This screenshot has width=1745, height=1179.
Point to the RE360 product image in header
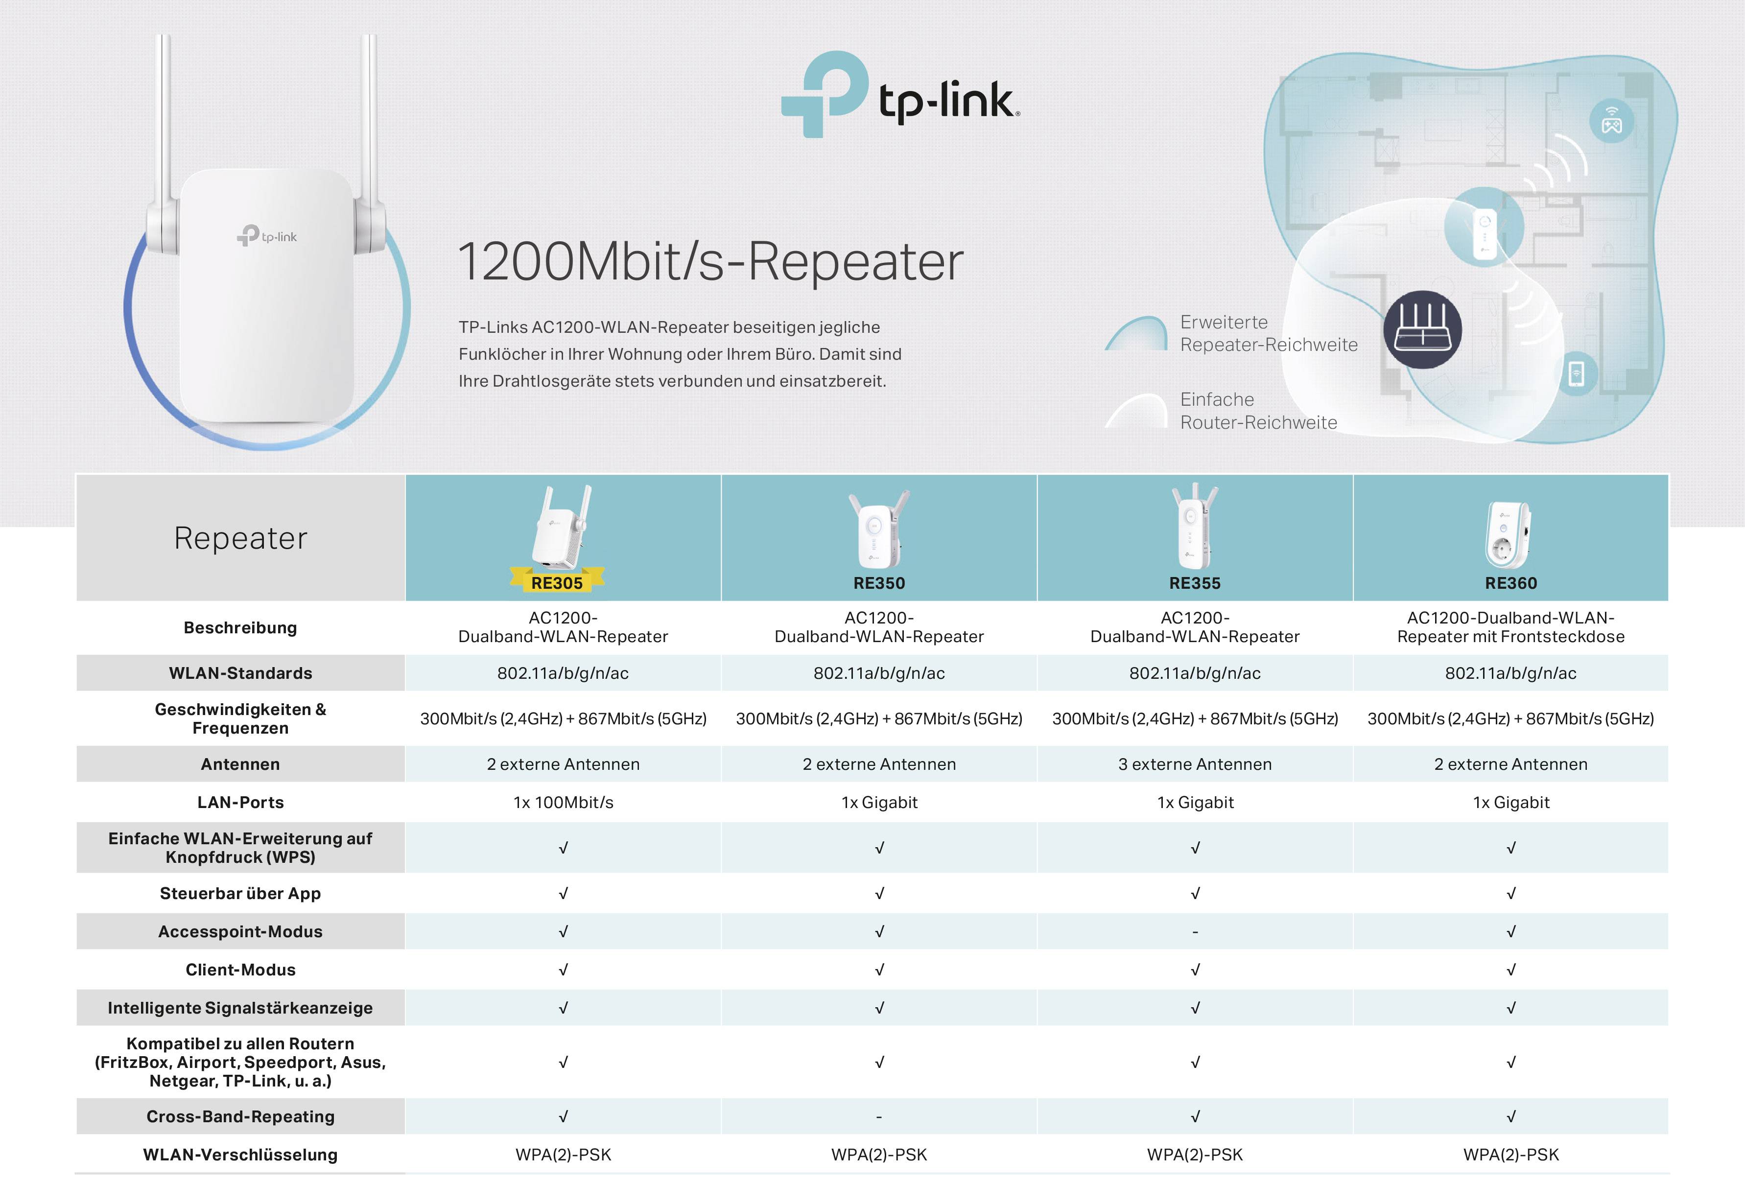tap(1509, 534)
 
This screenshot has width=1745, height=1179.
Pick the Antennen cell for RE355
tap(1195, 764)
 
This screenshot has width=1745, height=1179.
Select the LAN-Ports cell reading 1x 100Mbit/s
tap(563, 802)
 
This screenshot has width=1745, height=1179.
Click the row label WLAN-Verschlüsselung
tap(240, 1154)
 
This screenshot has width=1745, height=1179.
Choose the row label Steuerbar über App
tap(240, 893)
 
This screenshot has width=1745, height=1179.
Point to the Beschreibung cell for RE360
tap(1511, 627)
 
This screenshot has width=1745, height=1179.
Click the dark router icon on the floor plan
tap(1422, 329)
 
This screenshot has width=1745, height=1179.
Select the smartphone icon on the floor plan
tap(1577, 373)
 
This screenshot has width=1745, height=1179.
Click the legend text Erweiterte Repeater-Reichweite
tap(1268, 333)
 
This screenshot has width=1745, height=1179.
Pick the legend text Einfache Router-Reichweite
tap(1258, 411)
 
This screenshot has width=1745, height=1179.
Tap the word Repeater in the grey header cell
tap(240, 538)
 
